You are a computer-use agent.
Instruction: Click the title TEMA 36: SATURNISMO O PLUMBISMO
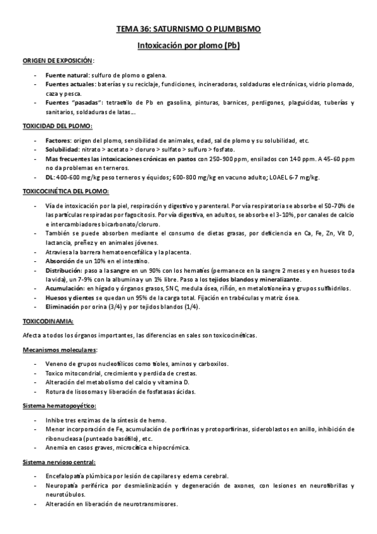[188, 29]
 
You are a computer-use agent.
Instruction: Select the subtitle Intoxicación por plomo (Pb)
[188, 45]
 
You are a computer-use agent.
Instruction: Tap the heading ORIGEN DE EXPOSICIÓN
[59, 61]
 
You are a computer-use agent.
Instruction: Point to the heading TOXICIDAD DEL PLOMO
[57, 127]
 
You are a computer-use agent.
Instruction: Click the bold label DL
[50, 178]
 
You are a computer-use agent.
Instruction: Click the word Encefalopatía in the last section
[67, 477]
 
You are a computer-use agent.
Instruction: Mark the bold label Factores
[60, 140]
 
